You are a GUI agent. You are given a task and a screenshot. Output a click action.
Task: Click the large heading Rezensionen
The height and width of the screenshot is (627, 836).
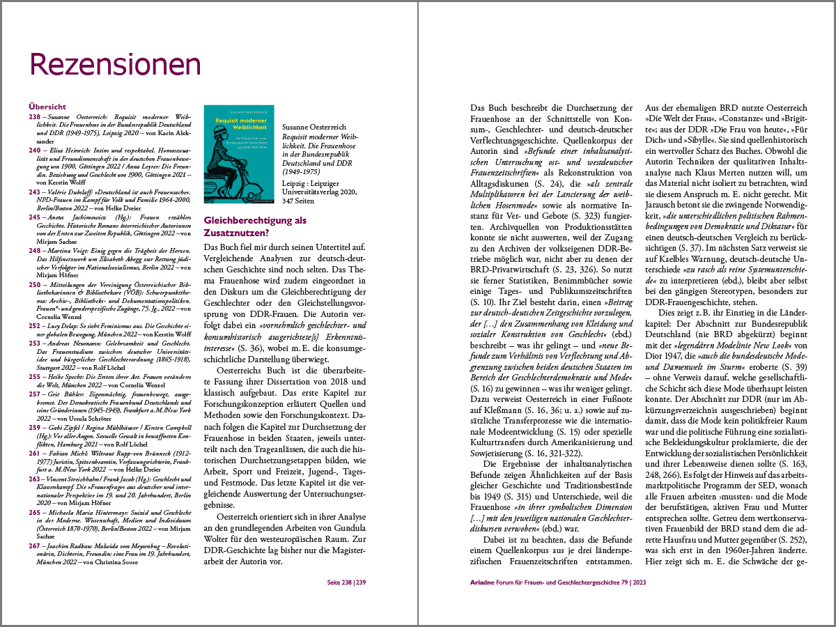[x=115, y=64]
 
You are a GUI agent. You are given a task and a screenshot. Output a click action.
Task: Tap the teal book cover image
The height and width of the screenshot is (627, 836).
[x=238, y=155]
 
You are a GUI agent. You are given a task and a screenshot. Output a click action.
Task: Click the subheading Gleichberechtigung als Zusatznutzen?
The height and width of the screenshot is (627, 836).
[x=255, y=226]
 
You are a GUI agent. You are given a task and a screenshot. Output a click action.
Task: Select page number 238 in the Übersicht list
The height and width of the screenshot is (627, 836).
[x=34, y=116]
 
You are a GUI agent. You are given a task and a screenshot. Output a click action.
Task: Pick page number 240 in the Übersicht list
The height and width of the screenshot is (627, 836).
[x=34, y=150]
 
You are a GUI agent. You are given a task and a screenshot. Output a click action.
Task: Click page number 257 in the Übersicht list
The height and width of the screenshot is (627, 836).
[x=34, y=394]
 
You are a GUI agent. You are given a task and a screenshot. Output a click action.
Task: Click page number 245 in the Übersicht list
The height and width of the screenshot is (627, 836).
[x=34, y=217]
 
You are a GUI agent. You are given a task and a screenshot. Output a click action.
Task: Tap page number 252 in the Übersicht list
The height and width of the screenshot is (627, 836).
[x=34, y=326]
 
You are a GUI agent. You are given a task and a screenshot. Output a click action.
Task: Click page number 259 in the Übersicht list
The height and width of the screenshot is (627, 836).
[x=34, y=427]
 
